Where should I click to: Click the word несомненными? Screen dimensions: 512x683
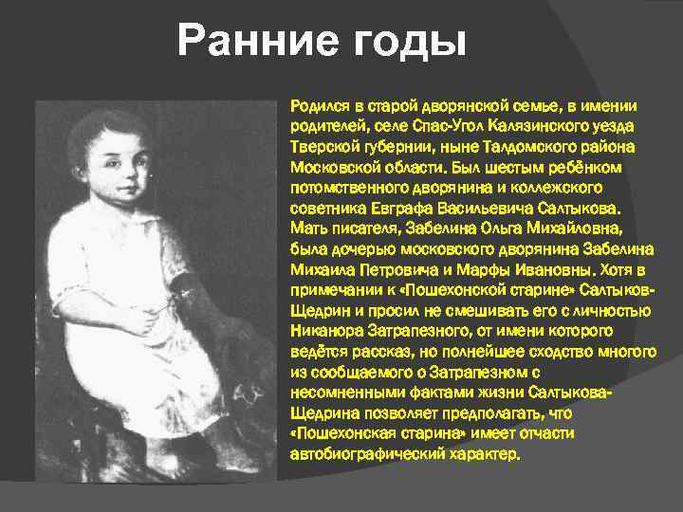click(337, 392)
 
